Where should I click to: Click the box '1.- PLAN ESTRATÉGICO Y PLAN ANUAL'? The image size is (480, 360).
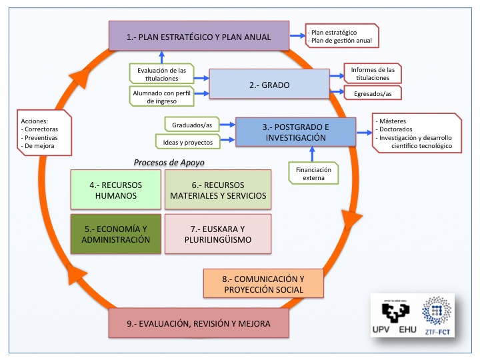[198, 36]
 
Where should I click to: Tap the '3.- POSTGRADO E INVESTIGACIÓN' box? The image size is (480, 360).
[294, 132]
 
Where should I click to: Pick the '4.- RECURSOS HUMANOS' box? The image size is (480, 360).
[115, 190]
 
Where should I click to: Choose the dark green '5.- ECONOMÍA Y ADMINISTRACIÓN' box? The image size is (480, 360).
[115, 234]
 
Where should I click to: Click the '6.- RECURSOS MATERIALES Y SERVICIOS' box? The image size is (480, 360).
[217, 190]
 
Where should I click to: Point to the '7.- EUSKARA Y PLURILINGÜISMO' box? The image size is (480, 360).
[217, 234]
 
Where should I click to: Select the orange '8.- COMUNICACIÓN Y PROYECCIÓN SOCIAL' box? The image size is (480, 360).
[263, 284]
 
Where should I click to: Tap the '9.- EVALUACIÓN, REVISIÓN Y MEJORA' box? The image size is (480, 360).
[199, 323]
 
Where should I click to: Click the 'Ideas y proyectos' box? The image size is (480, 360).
[183, 141]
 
